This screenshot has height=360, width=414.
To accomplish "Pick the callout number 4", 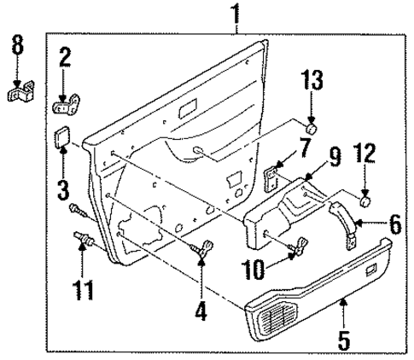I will click(x=201, y=311).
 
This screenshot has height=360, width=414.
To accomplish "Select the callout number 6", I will click(x=394, y=224).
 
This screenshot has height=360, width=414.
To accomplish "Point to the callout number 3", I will click(x=63, y=189).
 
